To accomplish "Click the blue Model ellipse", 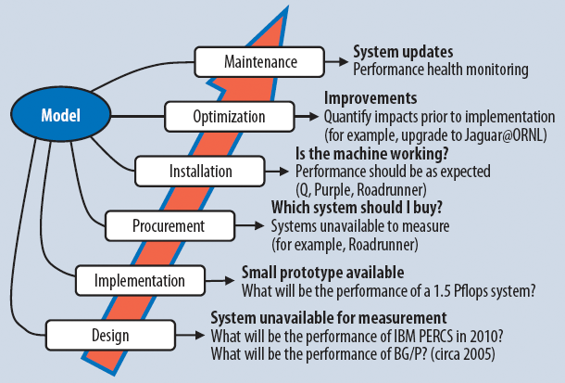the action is pyautogui.click(x=61, y=114).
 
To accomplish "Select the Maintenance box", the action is pyautogui.click(x=259, y=62).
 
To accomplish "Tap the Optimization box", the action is pyautogui.click(x=230, y=117).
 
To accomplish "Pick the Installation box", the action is pyautogui.click(x=200, y=172).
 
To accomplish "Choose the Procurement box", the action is pyautogui.click(x=170, y=226).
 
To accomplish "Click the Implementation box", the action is pyautogui.click(x=141, y=281).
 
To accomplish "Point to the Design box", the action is pyautogui.click(x=110, y=336).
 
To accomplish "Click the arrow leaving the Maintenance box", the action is pyautogui.click(x=336, y=62).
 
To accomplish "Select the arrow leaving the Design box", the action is pyautogui.click(x=191, y=336).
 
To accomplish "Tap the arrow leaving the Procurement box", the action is pyautogui.click(x=250, y=226).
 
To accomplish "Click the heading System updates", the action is pyautogui.click(x=403, y=52).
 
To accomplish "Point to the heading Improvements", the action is pyautogui.click(x=370, y=98).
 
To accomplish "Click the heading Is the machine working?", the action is pyautogui.click(x=371, y=154).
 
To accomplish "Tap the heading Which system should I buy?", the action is pyautogui.click(x=357, y=208).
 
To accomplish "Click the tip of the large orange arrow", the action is pyautogui.click(x=288, y=6).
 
